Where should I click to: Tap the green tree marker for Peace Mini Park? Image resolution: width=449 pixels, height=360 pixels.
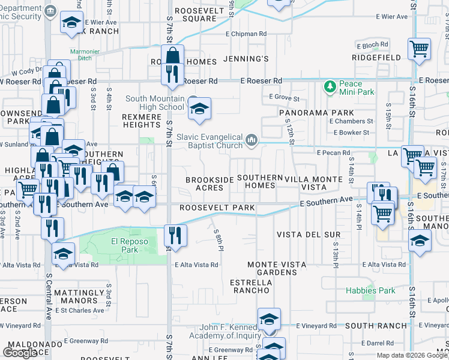pos(329,88)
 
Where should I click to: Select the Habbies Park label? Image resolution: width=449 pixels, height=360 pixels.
pos(370,290)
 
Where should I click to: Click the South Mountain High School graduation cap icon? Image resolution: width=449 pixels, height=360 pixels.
pos(200,109)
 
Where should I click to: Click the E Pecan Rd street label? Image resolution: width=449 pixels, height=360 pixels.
pos(333,153)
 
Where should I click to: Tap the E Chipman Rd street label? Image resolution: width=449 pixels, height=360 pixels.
pos(246,34)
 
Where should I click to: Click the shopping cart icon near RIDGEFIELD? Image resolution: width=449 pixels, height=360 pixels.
pos(419,50)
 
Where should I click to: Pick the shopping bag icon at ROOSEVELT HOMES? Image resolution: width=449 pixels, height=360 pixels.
pos(172,56)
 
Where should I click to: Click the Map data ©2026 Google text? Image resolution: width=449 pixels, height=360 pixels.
pos(412,355)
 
